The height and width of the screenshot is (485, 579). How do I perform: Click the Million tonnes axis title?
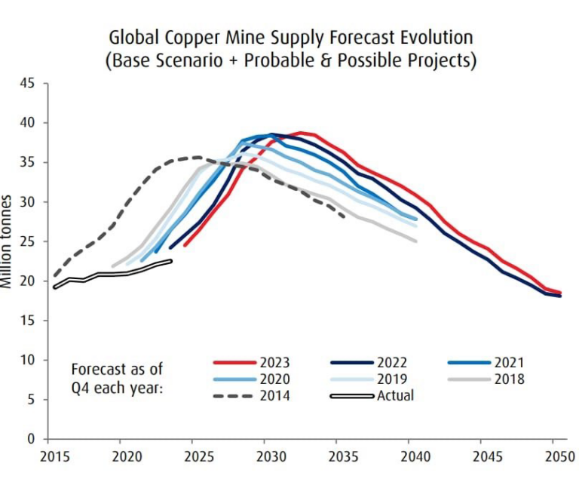[7, 241]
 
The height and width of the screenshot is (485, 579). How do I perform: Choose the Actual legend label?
[396, 395]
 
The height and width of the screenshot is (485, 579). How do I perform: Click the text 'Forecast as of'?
[116, 370]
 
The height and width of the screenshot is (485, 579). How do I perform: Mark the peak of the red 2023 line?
[300, 133]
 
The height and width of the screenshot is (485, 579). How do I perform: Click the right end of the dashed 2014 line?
[345, 216]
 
